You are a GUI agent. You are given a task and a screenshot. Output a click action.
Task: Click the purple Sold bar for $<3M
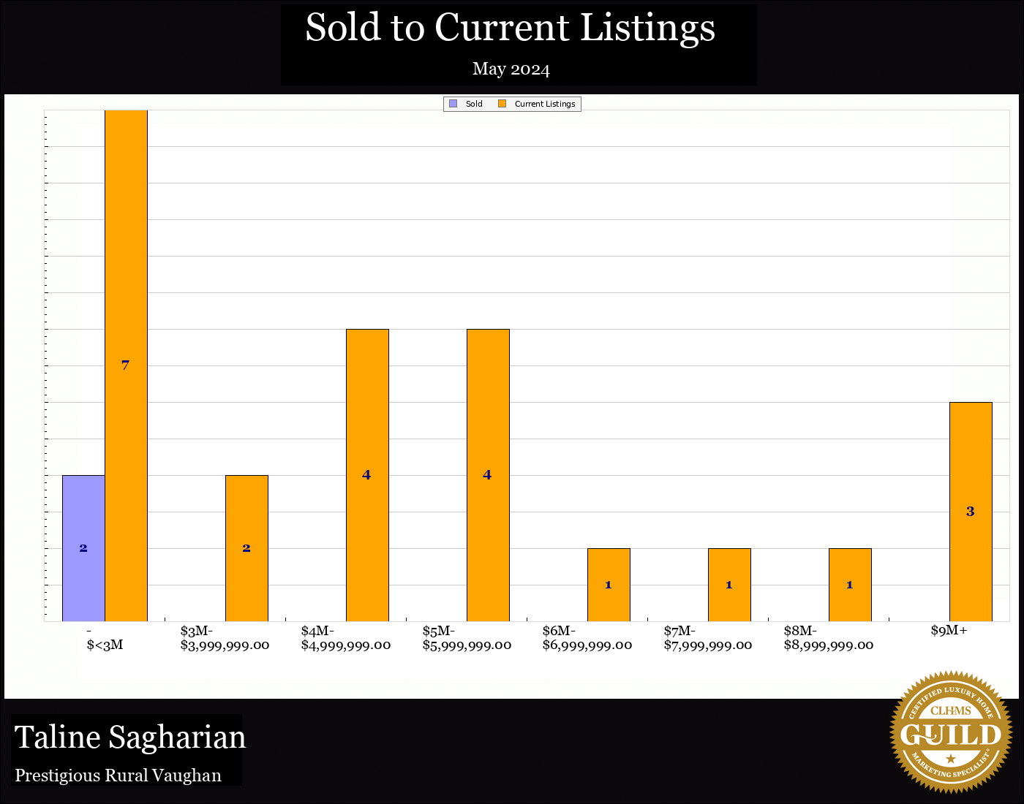pos(83,548)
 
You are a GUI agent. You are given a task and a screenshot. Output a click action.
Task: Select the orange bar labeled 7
pos(126,365)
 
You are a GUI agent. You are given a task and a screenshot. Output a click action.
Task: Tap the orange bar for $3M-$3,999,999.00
pos(246,548)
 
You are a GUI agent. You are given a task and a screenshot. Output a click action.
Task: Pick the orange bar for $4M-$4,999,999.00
pos(367,475)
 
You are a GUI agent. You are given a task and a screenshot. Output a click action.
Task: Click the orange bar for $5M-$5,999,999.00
pos(488,475)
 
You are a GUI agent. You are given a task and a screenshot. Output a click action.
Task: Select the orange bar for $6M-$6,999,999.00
pos(609,585)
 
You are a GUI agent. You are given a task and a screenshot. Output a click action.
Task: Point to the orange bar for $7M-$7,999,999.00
pos(729,585)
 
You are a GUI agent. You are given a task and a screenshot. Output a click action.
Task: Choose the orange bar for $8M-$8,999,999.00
pos(850,585)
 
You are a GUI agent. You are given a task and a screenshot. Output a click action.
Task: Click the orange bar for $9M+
pos(971,512)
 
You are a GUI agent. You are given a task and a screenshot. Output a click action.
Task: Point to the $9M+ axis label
pos(949,631)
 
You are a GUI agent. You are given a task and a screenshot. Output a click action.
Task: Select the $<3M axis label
pos(105,645)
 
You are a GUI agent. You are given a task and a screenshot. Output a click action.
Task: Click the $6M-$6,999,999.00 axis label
pos(587,638)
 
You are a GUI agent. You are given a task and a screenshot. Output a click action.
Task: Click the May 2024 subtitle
pos(511,69)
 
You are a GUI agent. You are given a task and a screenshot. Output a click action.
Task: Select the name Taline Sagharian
pos(130,737)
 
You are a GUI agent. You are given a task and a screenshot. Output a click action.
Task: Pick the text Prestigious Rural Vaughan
pos(118,775)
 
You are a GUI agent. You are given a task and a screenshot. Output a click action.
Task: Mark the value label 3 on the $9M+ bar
pos(970,512)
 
